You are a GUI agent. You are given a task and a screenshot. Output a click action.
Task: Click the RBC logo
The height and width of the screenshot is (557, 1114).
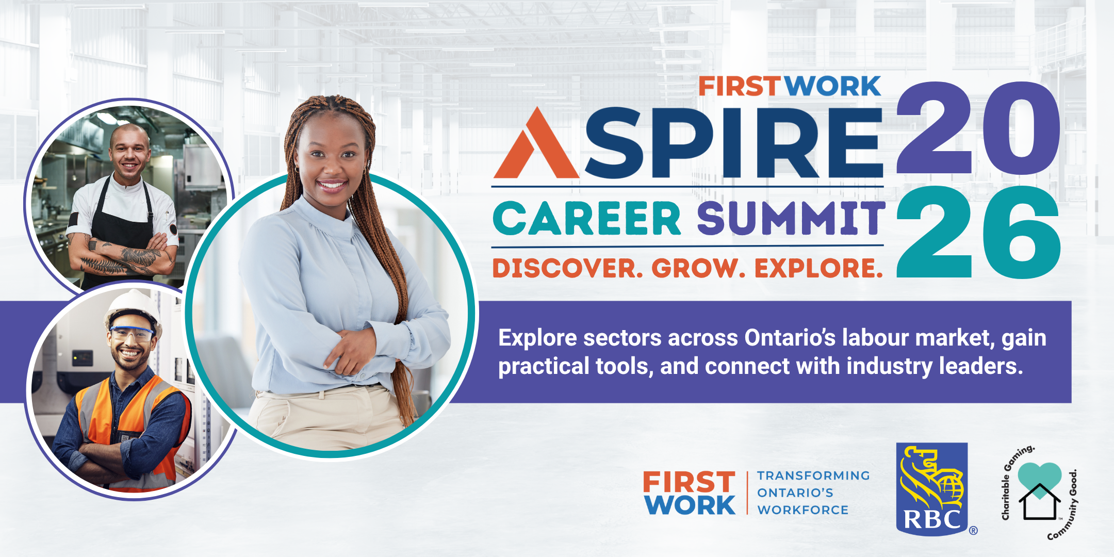(x=932, y=489)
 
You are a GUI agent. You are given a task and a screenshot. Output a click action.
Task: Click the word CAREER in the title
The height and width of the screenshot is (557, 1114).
(x=587, y=219)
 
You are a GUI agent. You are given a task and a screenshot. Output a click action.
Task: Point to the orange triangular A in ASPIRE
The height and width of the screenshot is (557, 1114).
(x=536, y=144)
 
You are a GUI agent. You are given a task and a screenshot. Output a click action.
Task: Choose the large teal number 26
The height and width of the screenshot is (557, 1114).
(x=978, y=232)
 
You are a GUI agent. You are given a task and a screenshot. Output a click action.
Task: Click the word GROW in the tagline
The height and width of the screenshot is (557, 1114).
(x=698, y=268)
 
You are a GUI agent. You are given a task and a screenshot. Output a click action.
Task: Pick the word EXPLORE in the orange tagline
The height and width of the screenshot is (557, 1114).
(x=818, y=268)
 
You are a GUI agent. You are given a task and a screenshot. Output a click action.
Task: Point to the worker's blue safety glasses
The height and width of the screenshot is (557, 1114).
(x=132, y=333)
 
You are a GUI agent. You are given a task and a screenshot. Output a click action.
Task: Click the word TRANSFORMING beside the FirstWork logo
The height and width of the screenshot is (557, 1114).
(x=813, y=476)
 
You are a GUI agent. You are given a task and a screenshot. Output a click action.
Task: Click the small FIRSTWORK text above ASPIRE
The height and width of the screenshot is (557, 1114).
(x=790, y=86)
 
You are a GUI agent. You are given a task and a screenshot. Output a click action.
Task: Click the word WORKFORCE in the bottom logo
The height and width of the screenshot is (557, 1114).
(x=802, y=510)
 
